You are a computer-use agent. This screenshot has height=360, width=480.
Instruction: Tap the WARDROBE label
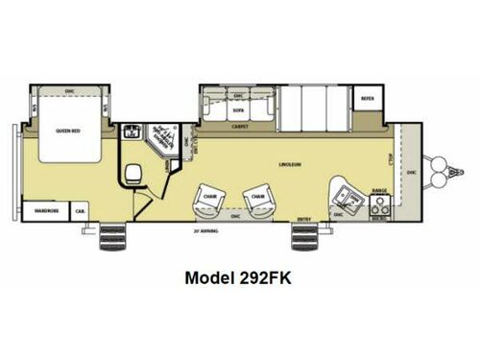coord(42,209)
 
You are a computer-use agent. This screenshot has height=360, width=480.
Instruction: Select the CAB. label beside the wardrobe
coord(80,209)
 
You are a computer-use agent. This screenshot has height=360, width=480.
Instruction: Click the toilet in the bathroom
coord(134,177)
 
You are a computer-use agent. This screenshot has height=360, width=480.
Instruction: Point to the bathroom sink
coord(132,134)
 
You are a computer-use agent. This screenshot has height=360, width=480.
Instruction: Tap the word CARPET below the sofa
coord(238,124)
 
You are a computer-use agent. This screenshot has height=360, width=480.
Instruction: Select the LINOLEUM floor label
coord(291,164)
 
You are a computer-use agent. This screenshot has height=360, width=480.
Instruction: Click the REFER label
coord(366,99)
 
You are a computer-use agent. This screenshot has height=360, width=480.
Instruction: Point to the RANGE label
coord(378,191)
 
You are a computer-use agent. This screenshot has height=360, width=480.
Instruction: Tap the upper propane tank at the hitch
coord(443,169)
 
